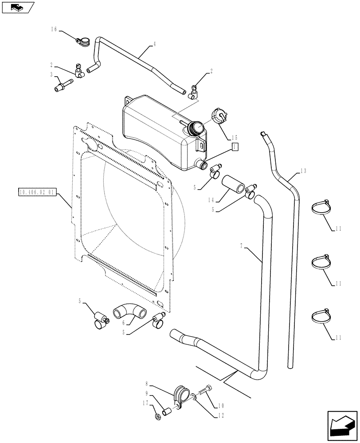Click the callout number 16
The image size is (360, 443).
(x=54, y=29)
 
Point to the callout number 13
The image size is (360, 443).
(x=303, y=171)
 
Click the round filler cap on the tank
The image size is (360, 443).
(x=196, y=129)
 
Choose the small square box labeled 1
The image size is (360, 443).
(x=235, y=148)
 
